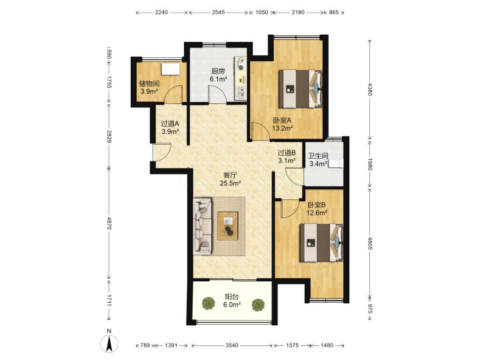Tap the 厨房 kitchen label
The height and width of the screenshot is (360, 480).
click(x=218, y=71)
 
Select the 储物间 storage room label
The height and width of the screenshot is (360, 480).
click(x=149, y=83)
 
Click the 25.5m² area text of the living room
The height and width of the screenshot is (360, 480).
click(x=230, y=183)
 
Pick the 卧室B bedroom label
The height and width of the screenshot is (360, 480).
click(x=317, y=205)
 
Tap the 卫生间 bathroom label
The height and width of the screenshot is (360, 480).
click(x=318, y=156)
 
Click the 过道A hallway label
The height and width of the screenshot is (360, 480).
click(x=170, y=124)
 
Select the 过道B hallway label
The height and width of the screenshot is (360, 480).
click(x=287, y=152)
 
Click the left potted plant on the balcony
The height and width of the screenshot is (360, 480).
click(x=209, y=303)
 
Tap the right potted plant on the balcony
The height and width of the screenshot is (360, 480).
click(x=258, y=305)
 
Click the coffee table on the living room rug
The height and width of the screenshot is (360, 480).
click(x=228, y=226)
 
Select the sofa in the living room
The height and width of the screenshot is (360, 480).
click(x=203, y=226)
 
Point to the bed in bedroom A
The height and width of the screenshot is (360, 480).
click(x=300, y=89)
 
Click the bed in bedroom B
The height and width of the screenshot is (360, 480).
click(x=321, y=243)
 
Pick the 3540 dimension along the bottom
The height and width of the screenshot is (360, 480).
click(x=232, y=345)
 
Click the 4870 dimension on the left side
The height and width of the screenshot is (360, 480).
click(x=109, y=223)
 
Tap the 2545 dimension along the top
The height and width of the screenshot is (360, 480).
click(x=218, y=12)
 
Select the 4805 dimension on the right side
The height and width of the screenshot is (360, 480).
click(x=370, y=243)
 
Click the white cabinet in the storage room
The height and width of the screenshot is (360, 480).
click(x=171, y=69)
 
